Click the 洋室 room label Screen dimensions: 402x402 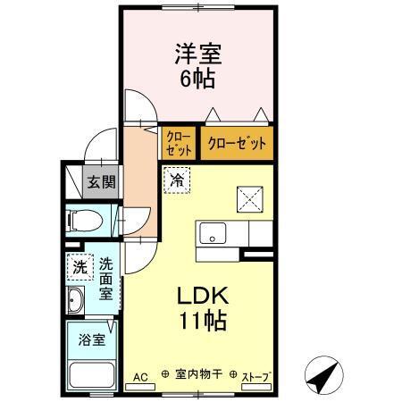(x=198, y=53)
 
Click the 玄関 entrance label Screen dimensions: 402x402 (x=100, y=183)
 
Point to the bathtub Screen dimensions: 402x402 (x=91, y=374)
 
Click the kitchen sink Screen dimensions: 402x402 (x=212, y=234)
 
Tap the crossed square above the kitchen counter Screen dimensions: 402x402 (x=248, y=197)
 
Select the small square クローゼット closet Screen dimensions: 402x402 (x=176, y=143)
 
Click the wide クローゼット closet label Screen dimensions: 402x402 (x=237, y=143)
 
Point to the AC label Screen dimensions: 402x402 (x=140, y=377)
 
